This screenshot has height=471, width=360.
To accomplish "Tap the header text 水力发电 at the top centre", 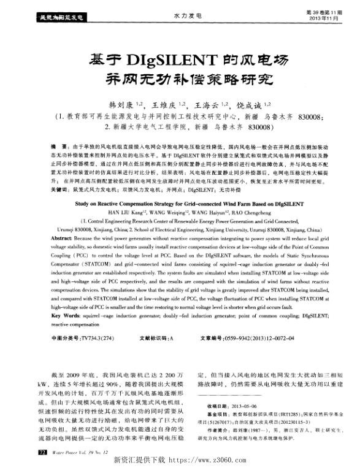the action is [184, 13].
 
